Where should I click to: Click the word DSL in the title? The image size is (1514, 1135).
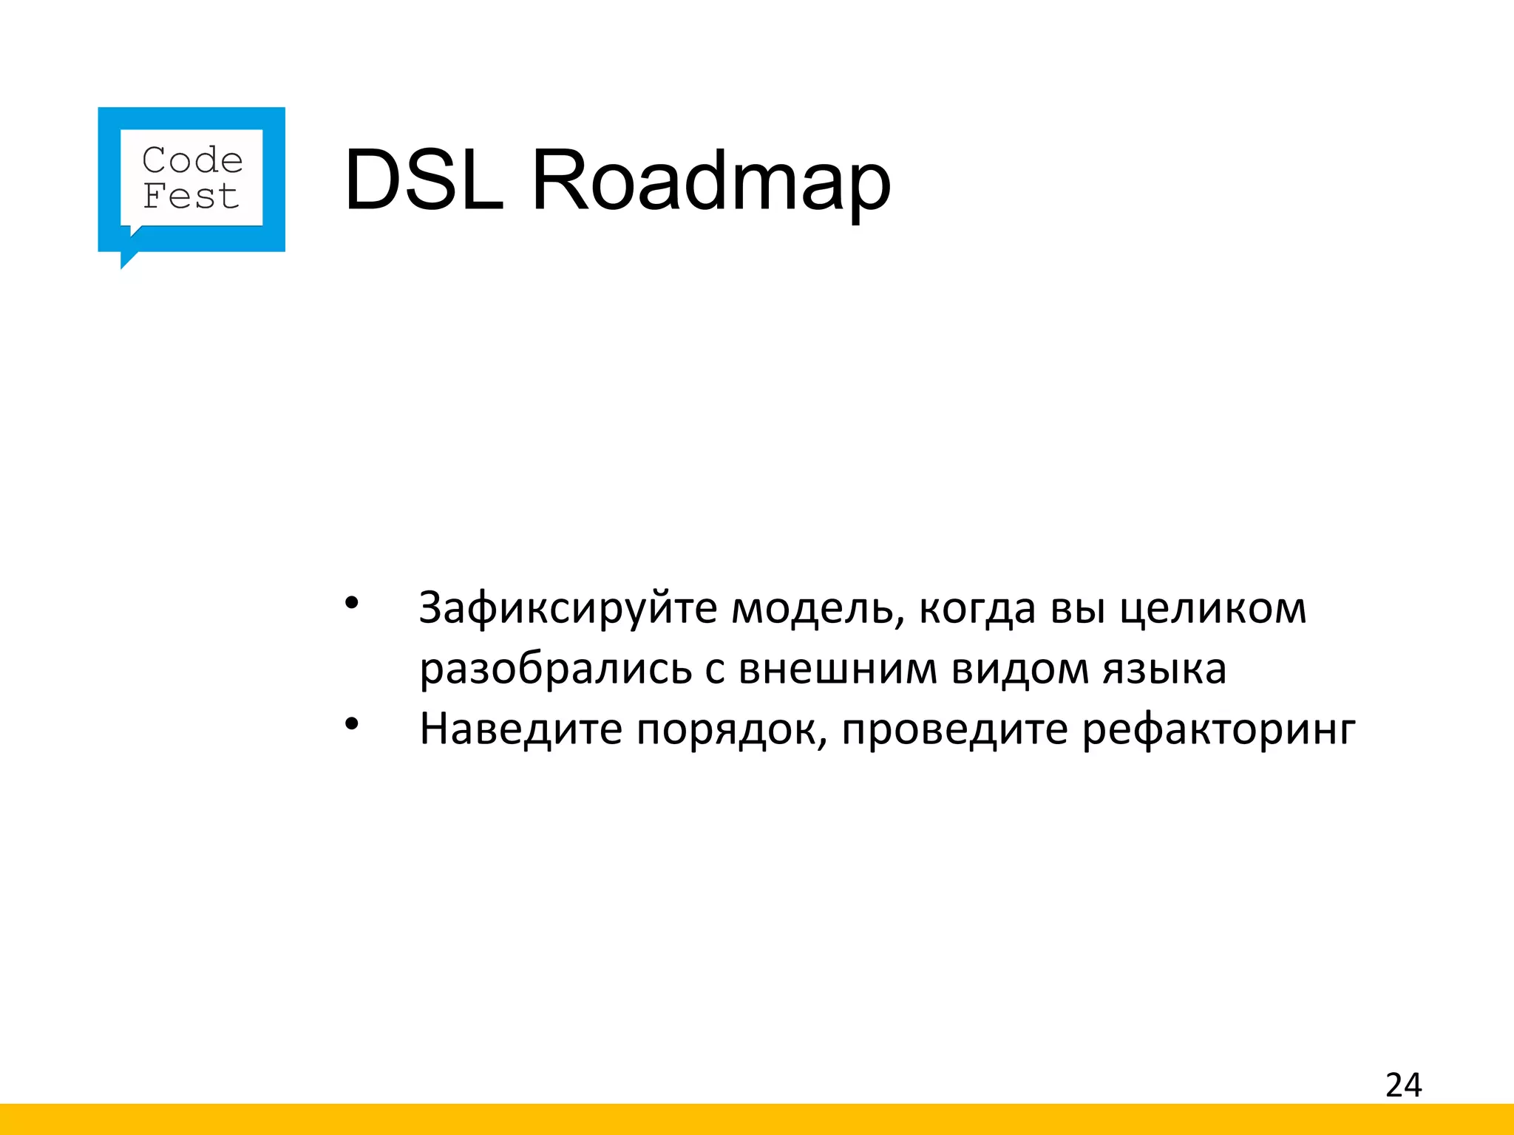pos(424,180)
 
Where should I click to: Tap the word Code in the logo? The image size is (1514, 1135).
pos(192,160)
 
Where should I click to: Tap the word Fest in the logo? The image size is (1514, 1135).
pos(191,197)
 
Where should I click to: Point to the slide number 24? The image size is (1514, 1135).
pos(1403,1085)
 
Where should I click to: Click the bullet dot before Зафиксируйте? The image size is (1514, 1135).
pos(351,603)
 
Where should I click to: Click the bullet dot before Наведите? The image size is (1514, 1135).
pos(351,724)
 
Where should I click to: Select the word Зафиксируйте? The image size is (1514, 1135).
pos(568,609)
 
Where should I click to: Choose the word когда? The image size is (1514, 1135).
pos(977,609)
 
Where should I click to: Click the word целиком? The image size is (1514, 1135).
pos(1213,609)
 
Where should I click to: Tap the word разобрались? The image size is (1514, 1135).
pos(555,669)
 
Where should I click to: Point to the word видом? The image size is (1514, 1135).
pos(1020,668)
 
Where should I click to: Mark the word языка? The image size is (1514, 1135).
pos(1164,669)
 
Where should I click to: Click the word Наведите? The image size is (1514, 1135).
pos(521,729)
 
